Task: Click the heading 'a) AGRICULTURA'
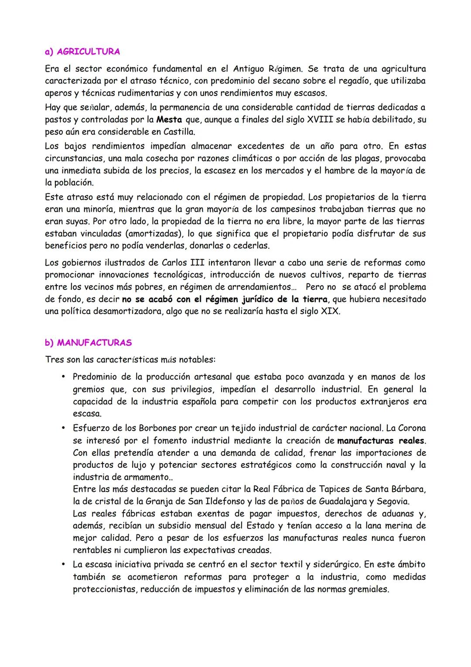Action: coord(82,52)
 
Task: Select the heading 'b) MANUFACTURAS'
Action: coord(88,343)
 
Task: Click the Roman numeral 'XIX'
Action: coord(330,312)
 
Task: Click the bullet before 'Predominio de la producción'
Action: coord(64,376)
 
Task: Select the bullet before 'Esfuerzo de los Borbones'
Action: coord(64,428)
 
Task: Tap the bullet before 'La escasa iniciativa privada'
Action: coord(64,564)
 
